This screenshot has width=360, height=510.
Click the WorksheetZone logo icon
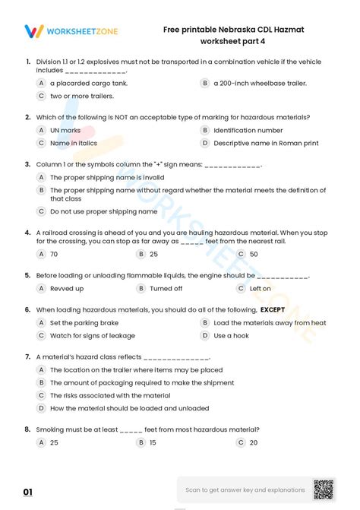(x=34, y=31)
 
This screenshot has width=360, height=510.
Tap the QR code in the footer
(x=324, y=490)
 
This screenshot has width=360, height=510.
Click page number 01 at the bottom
(x=28, y=493)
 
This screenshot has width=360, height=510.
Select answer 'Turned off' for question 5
(x=166, y=289)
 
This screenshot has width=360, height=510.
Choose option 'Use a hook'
(x=231, y=335)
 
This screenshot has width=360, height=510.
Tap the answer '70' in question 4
(x=54, y=254)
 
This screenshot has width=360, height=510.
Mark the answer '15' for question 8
(x=153, y=442)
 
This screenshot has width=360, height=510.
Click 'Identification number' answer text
(x=243, y=130)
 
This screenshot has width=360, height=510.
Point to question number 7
(x=27, y=356)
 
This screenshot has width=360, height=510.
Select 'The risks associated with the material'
(x=109, y=395)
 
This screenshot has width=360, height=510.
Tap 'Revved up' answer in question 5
(x=67, y=289)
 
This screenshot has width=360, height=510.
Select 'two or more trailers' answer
(x=81, y=97)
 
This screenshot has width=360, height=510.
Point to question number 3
(x=27, y=164)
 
